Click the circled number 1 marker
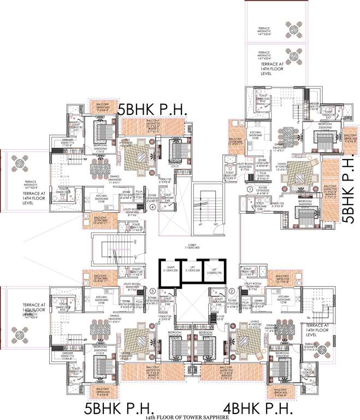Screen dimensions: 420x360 pyautogui.click(x=249, y=189)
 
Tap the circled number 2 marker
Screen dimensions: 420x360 pyautogui.click(x=232, y=291)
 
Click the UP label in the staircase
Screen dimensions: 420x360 pyautogui.click(x=200, y=224)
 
